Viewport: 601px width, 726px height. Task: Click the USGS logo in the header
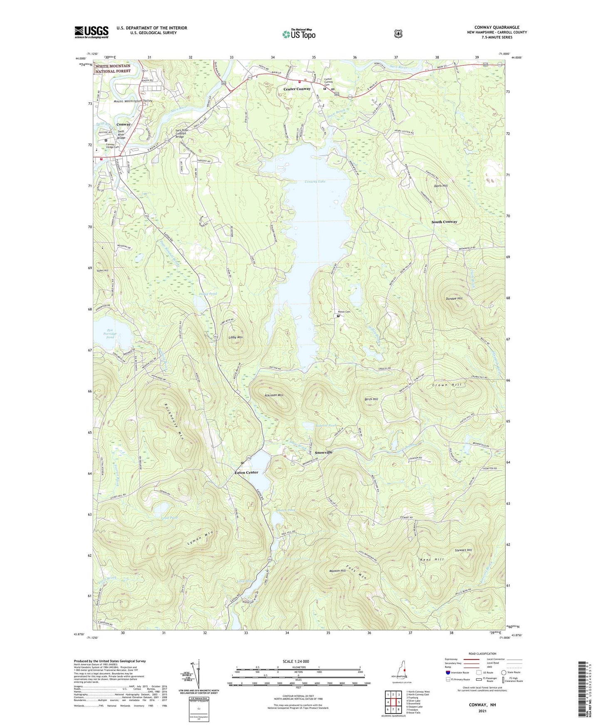[91, 32]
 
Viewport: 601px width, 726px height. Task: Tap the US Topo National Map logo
[298, 34]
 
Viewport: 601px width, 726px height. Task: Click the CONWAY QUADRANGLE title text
[497, 27]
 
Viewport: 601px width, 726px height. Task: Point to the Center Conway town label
[297, 89]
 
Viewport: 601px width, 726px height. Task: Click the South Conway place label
[444, 222]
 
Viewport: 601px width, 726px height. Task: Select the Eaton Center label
[246, 472]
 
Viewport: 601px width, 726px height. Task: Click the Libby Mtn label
[235, 337]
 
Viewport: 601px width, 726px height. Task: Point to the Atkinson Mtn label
[274, 395]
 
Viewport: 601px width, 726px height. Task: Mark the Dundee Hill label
[454, 299]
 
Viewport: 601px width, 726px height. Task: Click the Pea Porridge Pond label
[110, 333]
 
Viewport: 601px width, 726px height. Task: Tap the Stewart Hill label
[463, 550]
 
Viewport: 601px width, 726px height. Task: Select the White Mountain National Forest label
[113, 69]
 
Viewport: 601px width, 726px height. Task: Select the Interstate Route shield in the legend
[448, 672]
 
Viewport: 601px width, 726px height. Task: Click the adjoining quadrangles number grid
[393, 703]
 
